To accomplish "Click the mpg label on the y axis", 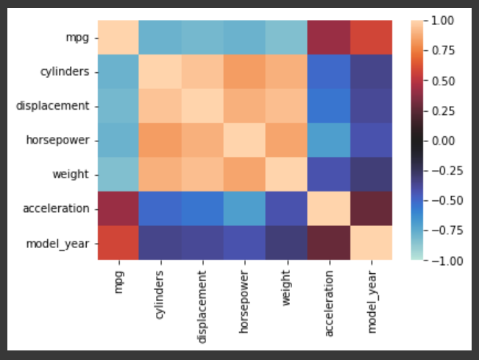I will click(78, 36).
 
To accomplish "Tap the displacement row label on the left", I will click(52, 105).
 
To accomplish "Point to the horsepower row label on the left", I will click(59, 139).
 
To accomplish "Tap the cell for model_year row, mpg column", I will click(119, 242).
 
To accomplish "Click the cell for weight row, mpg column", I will click(119, 174).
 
